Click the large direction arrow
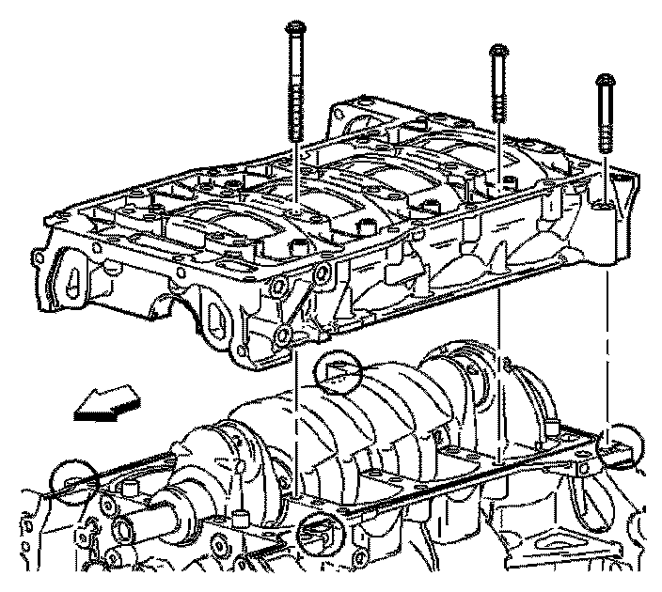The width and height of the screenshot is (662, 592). [104, 405]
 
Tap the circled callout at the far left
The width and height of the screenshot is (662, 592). [73, 481]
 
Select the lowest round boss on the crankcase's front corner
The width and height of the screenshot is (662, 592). [282, 335]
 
